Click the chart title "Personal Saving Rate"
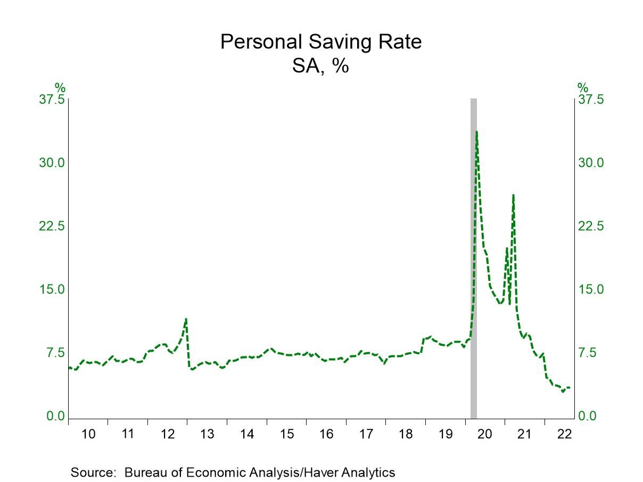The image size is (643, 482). pyautogui.click(x=321, y=42)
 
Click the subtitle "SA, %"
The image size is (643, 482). pyautogui.click(x=320, y=67)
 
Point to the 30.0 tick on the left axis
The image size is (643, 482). pyautogui.click(x=51, y=163)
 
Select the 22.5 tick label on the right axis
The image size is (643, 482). pyautogui.click(x=591, y=226)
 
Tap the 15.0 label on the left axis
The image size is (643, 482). pyautogui.click(x=51, y=289)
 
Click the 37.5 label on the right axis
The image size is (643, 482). pyautogui.click(x=591, y=99)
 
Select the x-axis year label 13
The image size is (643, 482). pyautogui.click(x=207, y=434)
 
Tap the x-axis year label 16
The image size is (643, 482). pyautogui.click(x=326, y=434)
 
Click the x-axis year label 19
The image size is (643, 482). pyautogui.click(x=445, y=434)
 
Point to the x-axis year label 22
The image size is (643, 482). pyautogui.click(x=564, y=434)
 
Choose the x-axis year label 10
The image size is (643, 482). pyautogui.click(x=88, y=434)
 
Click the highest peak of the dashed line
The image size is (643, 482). pyautogui.click(x=476, y=132)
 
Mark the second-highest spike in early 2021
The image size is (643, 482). pyautogui.click(x=513, y=195)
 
